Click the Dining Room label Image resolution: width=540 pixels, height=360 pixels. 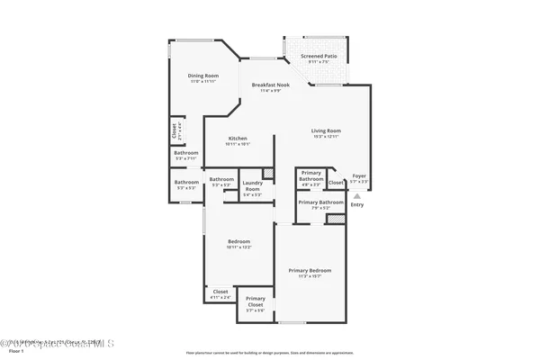point(203,76)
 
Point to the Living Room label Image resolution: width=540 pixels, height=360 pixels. point(326,130)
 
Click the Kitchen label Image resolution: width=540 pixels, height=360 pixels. point(238,139)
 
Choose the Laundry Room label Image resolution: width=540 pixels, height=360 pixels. point(253,186)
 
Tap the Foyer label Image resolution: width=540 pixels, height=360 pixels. point(359,175)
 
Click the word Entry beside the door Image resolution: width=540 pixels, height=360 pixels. point(357,205)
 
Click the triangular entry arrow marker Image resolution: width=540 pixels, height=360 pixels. point(357,194)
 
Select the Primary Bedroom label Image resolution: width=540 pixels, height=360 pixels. point(310,270)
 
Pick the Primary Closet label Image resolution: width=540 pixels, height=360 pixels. point(256,300)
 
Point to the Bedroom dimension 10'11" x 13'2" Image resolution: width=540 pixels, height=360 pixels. point(238,247)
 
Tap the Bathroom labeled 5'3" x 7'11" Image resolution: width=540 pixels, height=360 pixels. point(186,154)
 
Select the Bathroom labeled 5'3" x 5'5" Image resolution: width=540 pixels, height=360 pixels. point(186,184)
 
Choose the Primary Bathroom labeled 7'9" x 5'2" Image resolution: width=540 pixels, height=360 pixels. point(321,202)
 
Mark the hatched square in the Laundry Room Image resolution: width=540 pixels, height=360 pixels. point(266,174)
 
